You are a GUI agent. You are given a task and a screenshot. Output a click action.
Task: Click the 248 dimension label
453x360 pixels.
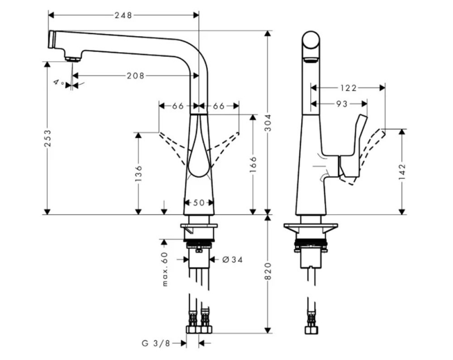pos(123,15)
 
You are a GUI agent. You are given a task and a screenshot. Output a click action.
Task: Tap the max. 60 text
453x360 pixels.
pos(165,269)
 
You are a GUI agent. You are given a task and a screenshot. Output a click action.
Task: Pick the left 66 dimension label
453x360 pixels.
pos(178,105)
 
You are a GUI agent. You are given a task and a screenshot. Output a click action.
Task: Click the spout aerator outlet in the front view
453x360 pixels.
pos(71,58)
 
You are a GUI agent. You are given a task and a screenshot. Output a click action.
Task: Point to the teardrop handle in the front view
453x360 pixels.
pos(198,153)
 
